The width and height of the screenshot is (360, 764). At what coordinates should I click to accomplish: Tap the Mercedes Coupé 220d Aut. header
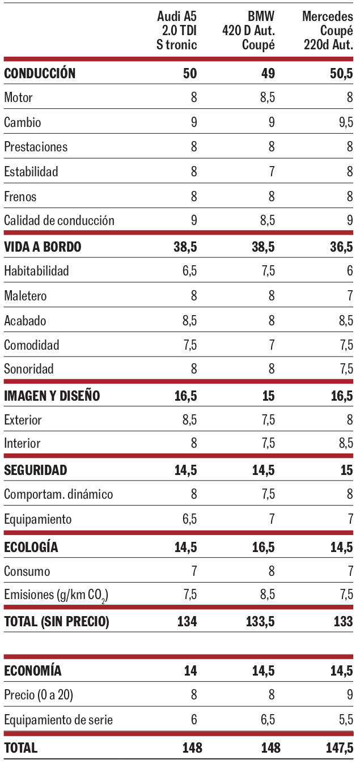click(328, 31)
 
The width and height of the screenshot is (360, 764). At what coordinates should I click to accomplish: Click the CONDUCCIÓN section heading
click(40, 73)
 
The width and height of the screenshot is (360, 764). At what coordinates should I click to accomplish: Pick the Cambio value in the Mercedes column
click(346, 122)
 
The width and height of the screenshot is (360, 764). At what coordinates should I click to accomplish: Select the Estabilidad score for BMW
click(272, 171)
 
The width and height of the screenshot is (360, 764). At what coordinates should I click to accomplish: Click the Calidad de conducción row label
click(59, 220)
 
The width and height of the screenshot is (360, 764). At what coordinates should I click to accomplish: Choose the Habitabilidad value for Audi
click(189, 271)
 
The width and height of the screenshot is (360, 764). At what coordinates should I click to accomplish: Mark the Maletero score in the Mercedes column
click(350, 296)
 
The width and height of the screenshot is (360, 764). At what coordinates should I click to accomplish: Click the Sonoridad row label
click(29, 369)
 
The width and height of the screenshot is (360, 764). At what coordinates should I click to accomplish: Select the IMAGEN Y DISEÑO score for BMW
click(268, 396)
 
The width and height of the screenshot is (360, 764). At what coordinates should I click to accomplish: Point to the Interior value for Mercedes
click(346, 443)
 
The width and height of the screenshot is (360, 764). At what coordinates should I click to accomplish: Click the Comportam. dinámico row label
click(58, 494)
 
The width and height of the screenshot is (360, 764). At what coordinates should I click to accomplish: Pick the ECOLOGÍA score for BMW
click(264, 547)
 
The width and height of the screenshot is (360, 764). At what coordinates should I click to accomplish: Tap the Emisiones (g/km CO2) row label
click(56, 595)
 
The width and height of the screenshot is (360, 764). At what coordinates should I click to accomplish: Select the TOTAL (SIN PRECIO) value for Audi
click(186, 621)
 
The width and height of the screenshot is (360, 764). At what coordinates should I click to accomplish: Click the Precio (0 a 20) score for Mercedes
click(350, 695)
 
